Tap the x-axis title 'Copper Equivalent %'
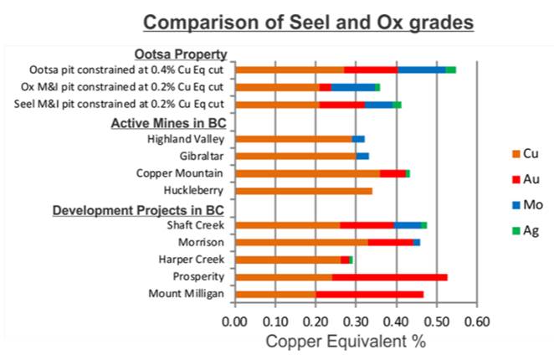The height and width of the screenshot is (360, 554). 346,342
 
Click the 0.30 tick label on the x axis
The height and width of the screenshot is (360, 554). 355,320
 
